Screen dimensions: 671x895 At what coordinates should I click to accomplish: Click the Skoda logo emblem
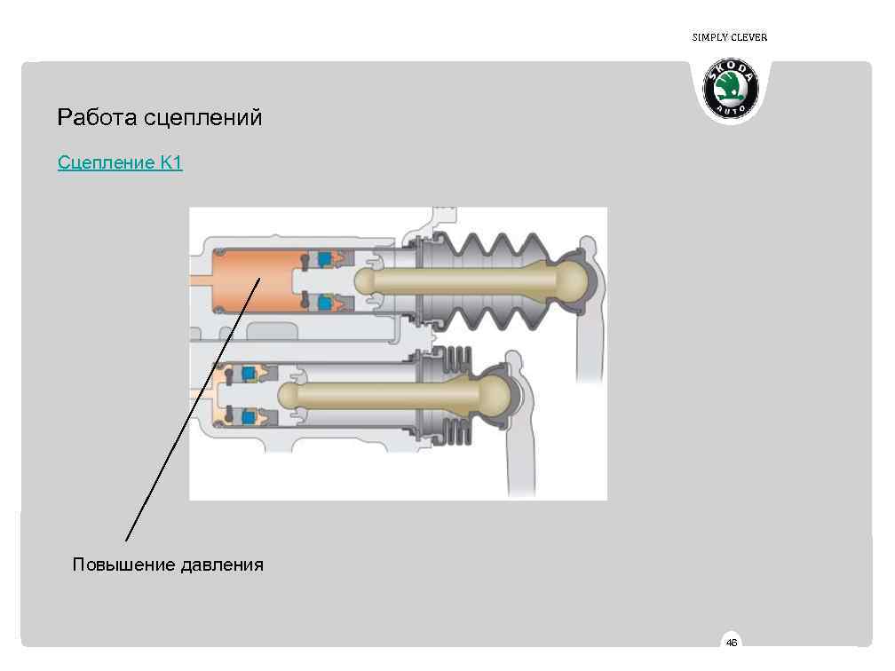pyautogui.click(x=731, y=89)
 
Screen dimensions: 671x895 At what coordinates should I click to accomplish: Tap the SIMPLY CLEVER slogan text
pyautogui.click(x=729, y=37)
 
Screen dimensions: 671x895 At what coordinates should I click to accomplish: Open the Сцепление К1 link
pyautogui.click(x=120, y=163)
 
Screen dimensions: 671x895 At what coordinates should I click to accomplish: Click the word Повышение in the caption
pyautogui.click(x=123, y=564)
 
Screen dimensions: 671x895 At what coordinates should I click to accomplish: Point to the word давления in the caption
pyautogui.click(x=222, y=564)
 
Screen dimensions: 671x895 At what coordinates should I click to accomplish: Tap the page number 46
pyautogui.click(x=731, y=643)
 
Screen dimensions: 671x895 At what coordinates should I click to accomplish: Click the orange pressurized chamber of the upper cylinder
pyautogui.click(x=253, y=280)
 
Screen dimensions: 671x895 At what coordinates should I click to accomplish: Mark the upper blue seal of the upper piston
pyautogui.click(x=325, y=258)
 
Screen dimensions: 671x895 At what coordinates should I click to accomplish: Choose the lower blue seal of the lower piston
pyautogui.click(x=250, y=414)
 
